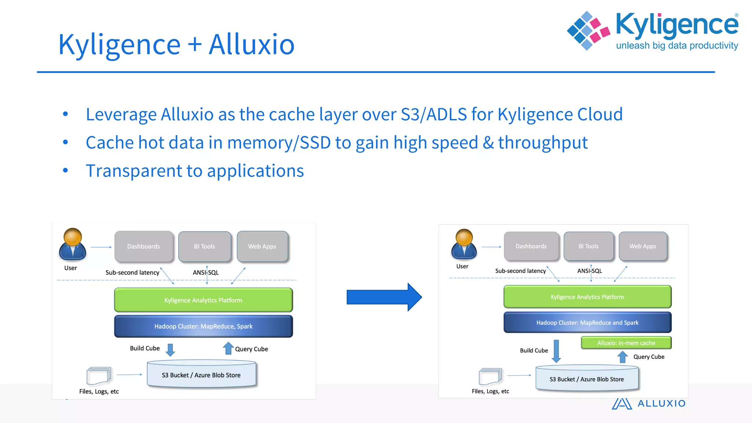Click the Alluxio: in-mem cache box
click(626, 343)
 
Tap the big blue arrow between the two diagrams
click(384, 297)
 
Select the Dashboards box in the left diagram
click(144, 246)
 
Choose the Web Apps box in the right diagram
click(643, 246)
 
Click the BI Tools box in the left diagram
click(205, 246)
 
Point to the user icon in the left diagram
click(72, 244)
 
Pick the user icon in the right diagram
click(464, 244)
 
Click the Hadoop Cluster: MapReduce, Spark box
click(203, 326)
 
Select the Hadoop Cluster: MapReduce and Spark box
click(587, 322)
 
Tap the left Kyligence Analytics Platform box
click(203, 300)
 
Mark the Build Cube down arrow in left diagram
click(170, 350)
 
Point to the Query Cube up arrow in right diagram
click(622, 357)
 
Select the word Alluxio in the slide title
click(252, 44)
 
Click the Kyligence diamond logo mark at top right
click(588, 30)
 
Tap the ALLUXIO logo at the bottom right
click(648, 403)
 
